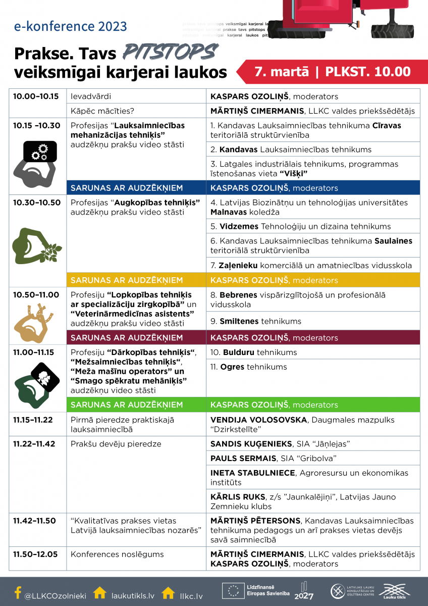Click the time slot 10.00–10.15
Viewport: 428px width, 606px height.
pyautogui.click(x=36, y=96)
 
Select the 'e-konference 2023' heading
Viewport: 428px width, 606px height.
pyautogui.click(x=70, y=26)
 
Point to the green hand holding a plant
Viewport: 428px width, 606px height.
pyautogui.click(x=37, y=245)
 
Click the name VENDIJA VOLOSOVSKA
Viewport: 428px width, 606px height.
pyautogui.click(x=258, y=420)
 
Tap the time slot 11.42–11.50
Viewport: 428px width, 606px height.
pyautogui.click(x=34, y=521)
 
